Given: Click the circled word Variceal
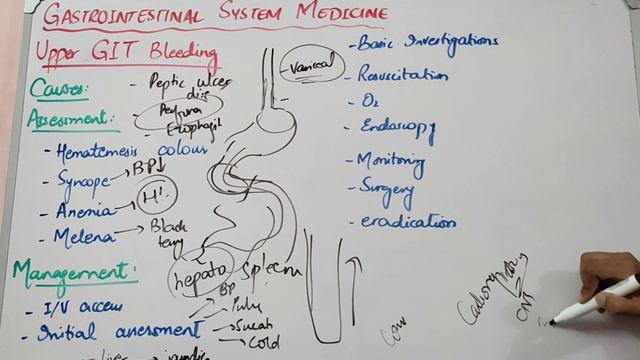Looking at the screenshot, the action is (309, 66).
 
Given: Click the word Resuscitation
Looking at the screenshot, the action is (404, 75).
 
